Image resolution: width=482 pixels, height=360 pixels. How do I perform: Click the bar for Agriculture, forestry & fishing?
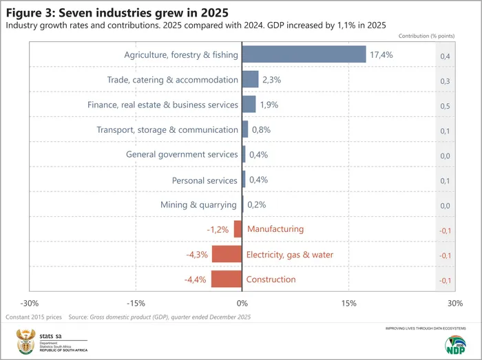click(304, 54)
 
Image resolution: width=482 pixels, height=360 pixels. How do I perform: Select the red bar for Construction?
click(227, 279)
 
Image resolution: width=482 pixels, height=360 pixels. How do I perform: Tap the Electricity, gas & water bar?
click(227, 254)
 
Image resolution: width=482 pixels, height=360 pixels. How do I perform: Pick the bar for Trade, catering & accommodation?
click(250, 80)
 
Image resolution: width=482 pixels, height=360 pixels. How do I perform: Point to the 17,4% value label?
click(381, 55)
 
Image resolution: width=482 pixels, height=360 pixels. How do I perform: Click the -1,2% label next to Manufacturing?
click(218, 229)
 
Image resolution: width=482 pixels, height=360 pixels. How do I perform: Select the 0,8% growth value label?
click(262, 129)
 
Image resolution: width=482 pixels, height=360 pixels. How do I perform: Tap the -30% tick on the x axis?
click(30, 303)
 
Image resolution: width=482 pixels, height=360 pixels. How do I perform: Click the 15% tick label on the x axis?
click(348, 303)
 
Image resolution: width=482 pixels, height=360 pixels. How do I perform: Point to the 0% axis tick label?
click(242, 303)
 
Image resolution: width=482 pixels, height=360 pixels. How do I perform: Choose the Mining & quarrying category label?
click(199, 204)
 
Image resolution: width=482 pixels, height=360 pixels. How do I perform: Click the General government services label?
click(182, 154)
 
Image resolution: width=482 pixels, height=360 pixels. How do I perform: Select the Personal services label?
click(205, 180)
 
